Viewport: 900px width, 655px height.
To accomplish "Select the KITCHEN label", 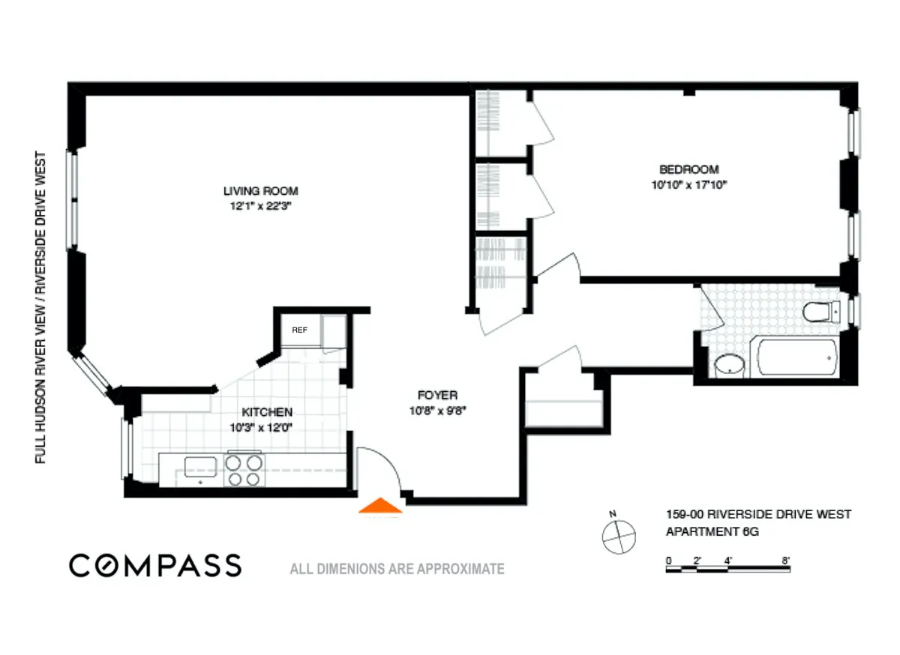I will [266, 412].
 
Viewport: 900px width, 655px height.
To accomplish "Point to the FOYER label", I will [437, 395].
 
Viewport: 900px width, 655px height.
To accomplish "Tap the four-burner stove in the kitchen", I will [244, 471].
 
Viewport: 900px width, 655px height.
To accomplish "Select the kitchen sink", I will [200, 468].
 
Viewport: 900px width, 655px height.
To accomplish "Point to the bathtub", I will [796, 357].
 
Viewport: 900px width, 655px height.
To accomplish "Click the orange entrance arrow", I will [381, 507].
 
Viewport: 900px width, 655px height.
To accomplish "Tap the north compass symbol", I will [619, 534].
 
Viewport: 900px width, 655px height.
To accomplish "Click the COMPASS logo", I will [155, 565].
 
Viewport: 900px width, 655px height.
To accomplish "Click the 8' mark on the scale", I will [785, 559].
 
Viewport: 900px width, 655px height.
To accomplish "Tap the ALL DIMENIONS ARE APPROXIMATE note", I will [397, 569].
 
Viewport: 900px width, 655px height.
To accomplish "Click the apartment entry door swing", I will [379, 471].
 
